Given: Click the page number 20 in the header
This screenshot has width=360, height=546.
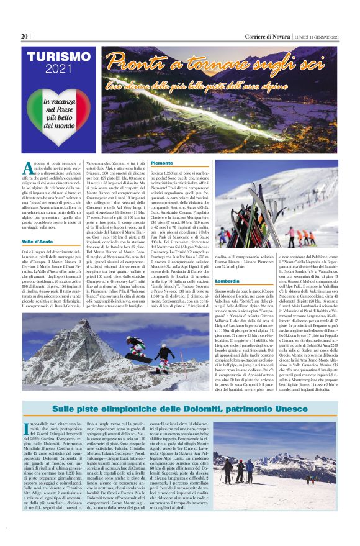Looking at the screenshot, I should [x=24, y=36].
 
